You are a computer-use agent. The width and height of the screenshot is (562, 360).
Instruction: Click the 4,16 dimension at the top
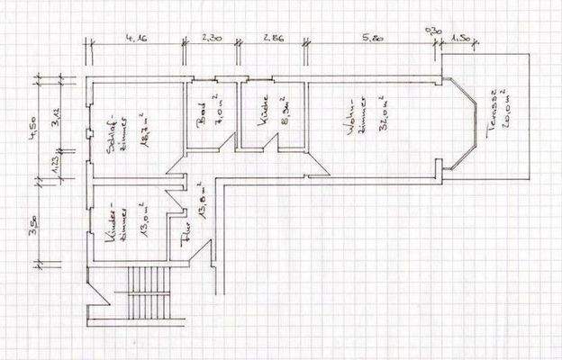138,38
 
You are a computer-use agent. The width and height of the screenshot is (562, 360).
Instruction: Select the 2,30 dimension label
213,38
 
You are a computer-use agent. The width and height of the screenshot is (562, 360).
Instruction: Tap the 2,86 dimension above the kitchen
274,38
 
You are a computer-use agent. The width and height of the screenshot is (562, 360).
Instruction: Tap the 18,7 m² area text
141,135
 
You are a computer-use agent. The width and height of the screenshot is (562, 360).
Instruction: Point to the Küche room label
261,117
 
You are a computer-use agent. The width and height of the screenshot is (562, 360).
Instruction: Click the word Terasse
491,112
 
